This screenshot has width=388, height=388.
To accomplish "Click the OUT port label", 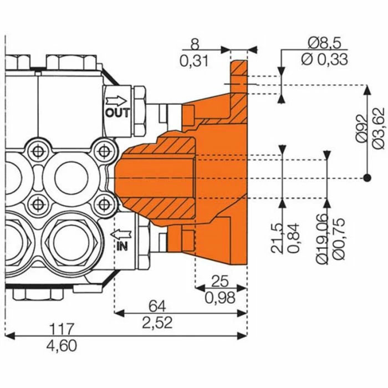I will [x=117, y=113].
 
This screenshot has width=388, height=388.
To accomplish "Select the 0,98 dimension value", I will [x=220, y=298].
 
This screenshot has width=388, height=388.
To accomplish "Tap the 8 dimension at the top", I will [x=194, y=42].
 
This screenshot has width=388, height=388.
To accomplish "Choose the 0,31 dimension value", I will [x=194, y=60].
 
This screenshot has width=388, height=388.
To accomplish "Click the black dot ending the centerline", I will [x=366, y=178].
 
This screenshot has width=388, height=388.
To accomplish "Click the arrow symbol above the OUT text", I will [x=116, y=101].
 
